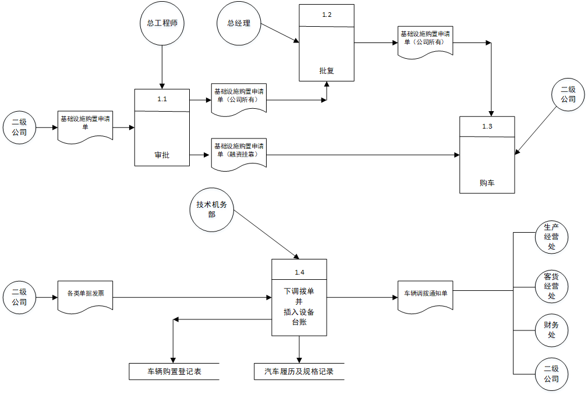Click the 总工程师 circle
(162, 24)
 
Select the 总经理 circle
(239, 24)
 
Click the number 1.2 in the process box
(327, 15)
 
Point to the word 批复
(327, 70)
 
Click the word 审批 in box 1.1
(162, 155)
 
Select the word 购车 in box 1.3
(487, 183)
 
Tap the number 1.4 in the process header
(299, 272)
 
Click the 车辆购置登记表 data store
(173, 371)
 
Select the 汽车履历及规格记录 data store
(299, 371)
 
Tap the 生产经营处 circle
(551, 237)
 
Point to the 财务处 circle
(551, 330)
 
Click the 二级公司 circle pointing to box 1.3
(568, 95)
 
